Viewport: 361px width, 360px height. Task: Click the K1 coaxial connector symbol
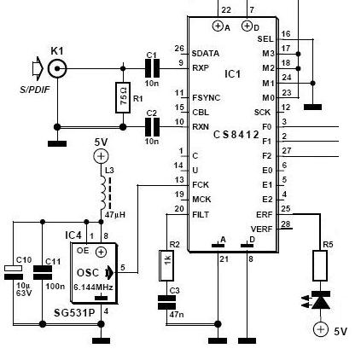click(x=57, y=68)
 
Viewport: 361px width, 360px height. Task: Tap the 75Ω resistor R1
click(x=123, y=97)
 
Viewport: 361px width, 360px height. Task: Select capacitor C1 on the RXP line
click(x=153, y=68)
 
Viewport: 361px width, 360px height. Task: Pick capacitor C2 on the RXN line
click(x=153, y=127)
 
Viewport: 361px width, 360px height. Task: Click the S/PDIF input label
click(x=35, y=90)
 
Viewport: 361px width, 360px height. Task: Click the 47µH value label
click(x=115, y=214)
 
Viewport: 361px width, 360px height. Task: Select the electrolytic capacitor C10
click(x=14, y=272)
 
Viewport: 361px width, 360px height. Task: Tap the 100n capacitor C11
click(x=43, y=272)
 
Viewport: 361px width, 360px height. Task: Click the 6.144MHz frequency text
click(x=94, y=287)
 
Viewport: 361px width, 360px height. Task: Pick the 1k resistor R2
click(x=166, y=265)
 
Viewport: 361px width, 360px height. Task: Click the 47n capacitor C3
click(x=166, y=302)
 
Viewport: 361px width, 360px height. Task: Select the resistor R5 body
click(x=320, y=265)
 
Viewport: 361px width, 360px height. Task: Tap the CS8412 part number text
click(x=236, y=135)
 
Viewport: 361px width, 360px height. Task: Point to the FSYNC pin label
click(x=207, y=98)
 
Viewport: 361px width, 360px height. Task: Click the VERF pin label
click(x=261, y=229)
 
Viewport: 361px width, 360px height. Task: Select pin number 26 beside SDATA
click(x=179, y=49)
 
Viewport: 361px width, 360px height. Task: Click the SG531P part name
click(x=74, y=313)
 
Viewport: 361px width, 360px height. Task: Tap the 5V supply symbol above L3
click(x=101, y=156)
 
